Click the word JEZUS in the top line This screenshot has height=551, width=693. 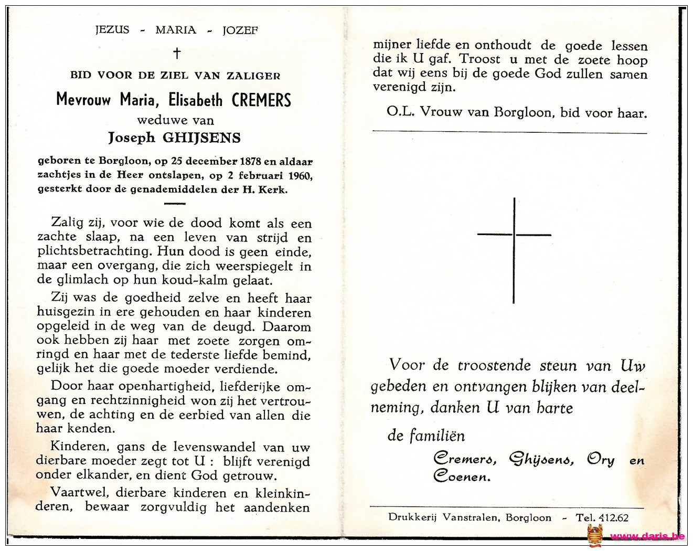112,29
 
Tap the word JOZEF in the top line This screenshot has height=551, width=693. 240,30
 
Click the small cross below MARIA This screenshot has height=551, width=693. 177,53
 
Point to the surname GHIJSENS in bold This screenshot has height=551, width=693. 203,138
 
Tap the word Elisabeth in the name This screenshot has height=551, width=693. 196,100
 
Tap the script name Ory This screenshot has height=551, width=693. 600,460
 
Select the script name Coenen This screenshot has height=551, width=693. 462,476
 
